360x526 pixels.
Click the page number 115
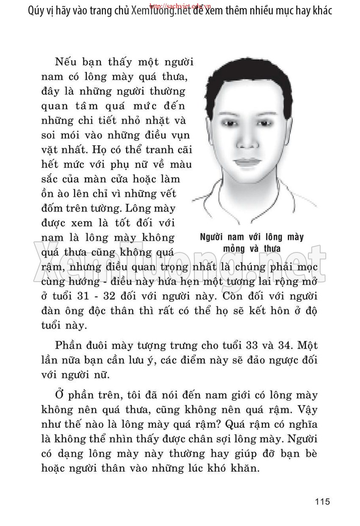[322, 502]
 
